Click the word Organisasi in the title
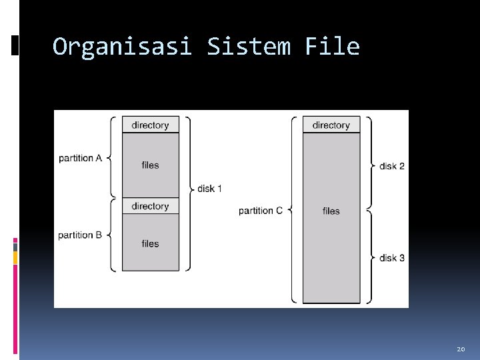click(122, 47)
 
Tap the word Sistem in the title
click(249, 47)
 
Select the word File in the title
click(332, 47)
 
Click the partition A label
click(80, 158)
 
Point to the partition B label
click(80, 235)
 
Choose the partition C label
click(261, 211)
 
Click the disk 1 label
click(209, 189)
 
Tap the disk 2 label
click(392, 165)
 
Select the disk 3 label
click(392, 258)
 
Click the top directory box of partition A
click(151, 125)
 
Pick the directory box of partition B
click(151, 206)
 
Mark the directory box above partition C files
click(331, 125)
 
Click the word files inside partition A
click(151, 165)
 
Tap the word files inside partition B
click(151, 244)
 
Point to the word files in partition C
click(331, 211)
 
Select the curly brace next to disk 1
click(189, 194)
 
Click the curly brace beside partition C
click(293, 211)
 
